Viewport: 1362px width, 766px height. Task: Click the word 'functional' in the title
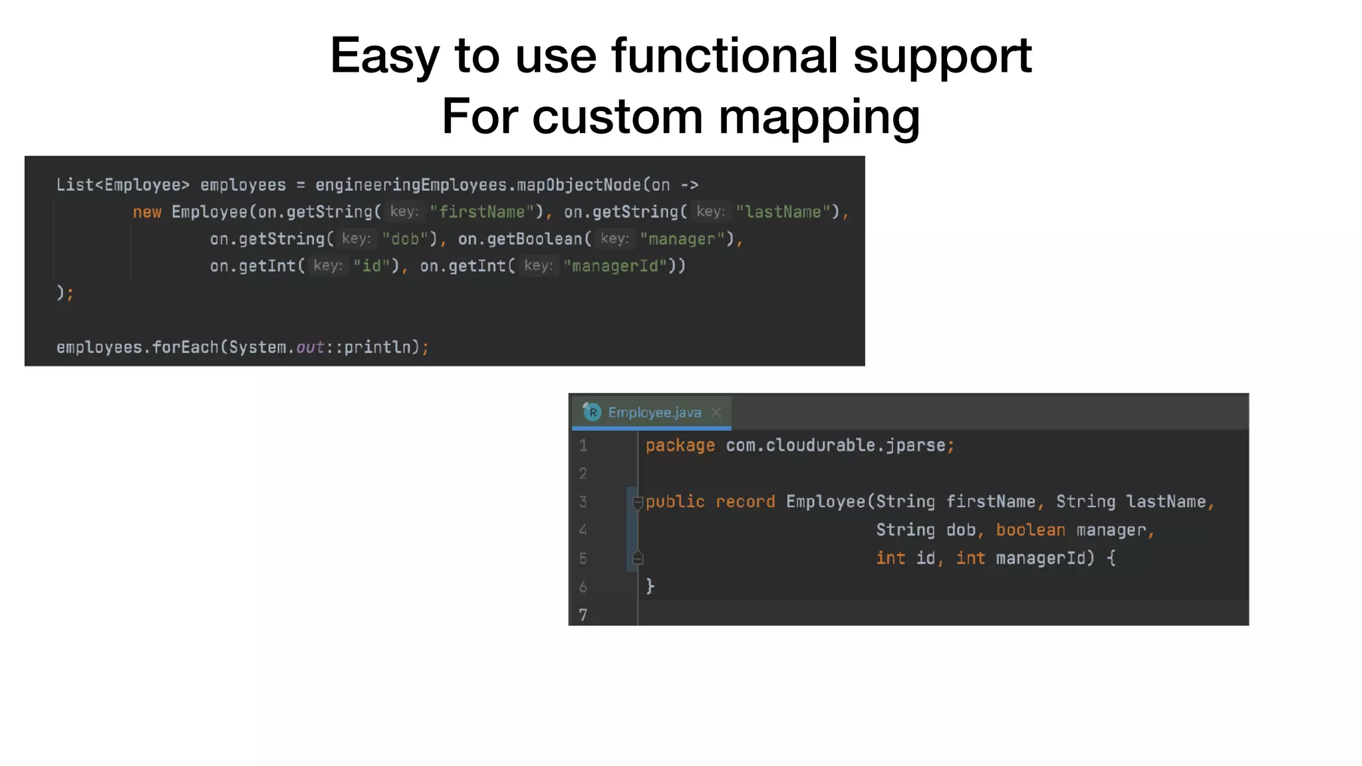coord(724,55)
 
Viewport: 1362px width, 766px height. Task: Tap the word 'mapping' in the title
coord(819,116)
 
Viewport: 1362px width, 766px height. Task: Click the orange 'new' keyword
coord(147,212)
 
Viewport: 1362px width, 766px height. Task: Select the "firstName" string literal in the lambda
coord(481,212)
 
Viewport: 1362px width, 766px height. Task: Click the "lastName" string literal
coord(783,212)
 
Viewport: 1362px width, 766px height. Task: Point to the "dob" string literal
coord(404,239)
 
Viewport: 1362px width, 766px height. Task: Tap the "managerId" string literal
coord(615,267)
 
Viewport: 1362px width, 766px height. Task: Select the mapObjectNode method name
coord(579,185)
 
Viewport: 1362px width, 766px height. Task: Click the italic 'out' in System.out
coord(310,347)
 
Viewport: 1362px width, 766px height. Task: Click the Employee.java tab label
coord(654,413)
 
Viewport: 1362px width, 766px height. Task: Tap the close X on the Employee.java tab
coord(716,413)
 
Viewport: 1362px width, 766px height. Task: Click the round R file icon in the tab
coord(592,412)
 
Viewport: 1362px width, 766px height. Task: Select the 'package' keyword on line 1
coord(680,446)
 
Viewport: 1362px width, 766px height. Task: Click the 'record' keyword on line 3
coord(745,502)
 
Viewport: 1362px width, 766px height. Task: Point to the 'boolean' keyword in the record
coord(1030,530)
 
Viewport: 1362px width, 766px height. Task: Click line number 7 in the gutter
coord(583,615)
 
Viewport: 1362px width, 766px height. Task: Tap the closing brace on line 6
coord(650,586)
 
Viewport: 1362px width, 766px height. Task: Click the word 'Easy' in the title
coord(384,55)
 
